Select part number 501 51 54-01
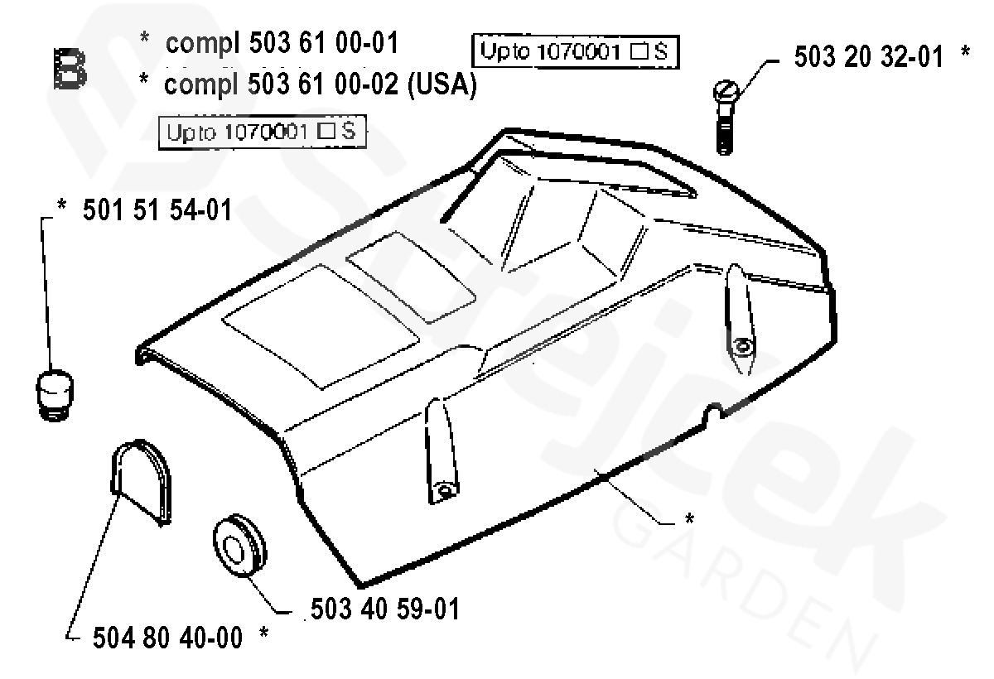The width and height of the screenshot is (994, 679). pyautogui.click(x=157, y=212)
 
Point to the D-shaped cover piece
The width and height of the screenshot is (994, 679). pyautogui.click(x=142, y=480)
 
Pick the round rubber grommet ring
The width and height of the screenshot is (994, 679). pyautogui.click(x=240, y=546)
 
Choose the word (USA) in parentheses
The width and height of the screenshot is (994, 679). pyautogui.click(x=442, y=85)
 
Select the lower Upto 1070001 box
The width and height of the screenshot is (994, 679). pyautogui.click(x=263, y=132)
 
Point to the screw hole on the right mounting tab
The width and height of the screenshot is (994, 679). pyautogui.click(x=742, y=346)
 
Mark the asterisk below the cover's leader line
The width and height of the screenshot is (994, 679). pyautogui.click(x=689, y=519)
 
